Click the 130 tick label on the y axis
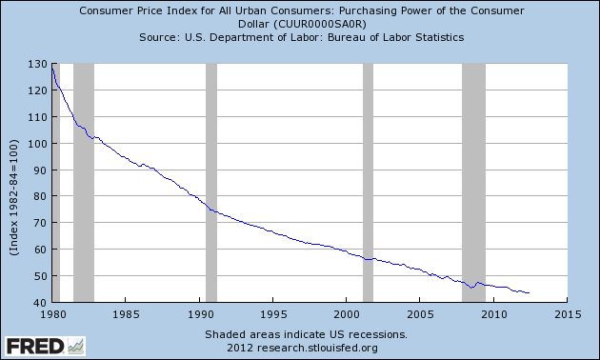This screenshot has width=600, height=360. pos(39,64)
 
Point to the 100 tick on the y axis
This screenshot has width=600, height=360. pos(39,144)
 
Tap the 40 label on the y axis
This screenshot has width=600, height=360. pos(42,303)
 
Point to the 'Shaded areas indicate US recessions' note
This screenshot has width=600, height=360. pos(306,335)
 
